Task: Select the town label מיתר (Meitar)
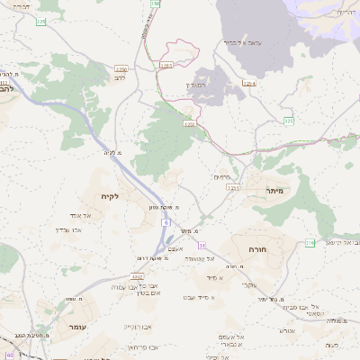(275, 191)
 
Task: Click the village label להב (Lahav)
(119, 78)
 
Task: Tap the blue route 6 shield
(166, 220)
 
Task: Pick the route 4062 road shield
(139, 276)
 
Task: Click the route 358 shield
(155, 4)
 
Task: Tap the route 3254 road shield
(247, 84)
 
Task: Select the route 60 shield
(10, 355)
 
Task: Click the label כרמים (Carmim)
(222, 176)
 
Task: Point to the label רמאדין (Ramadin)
(195, 85)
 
